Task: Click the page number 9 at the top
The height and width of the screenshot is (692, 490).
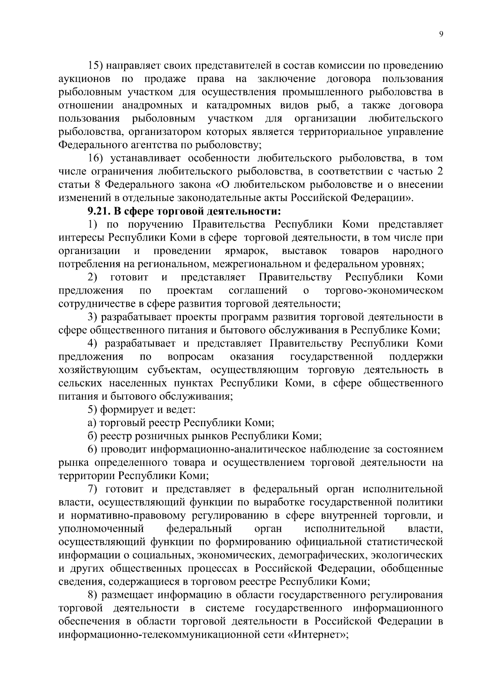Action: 441,34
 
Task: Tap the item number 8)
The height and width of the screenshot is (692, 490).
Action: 94,595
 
